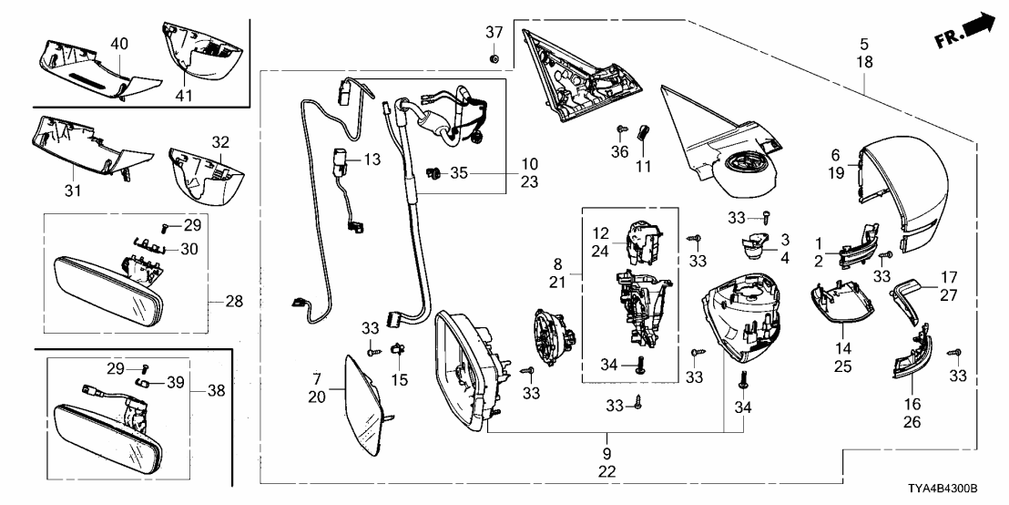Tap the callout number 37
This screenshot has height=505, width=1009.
tap(493, 32)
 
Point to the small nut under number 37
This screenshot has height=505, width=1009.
tap(493, 59)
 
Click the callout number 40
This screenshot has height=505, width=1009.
tap(118, 43)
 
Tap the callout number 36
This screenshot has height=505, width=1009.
tap(620, 151)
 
